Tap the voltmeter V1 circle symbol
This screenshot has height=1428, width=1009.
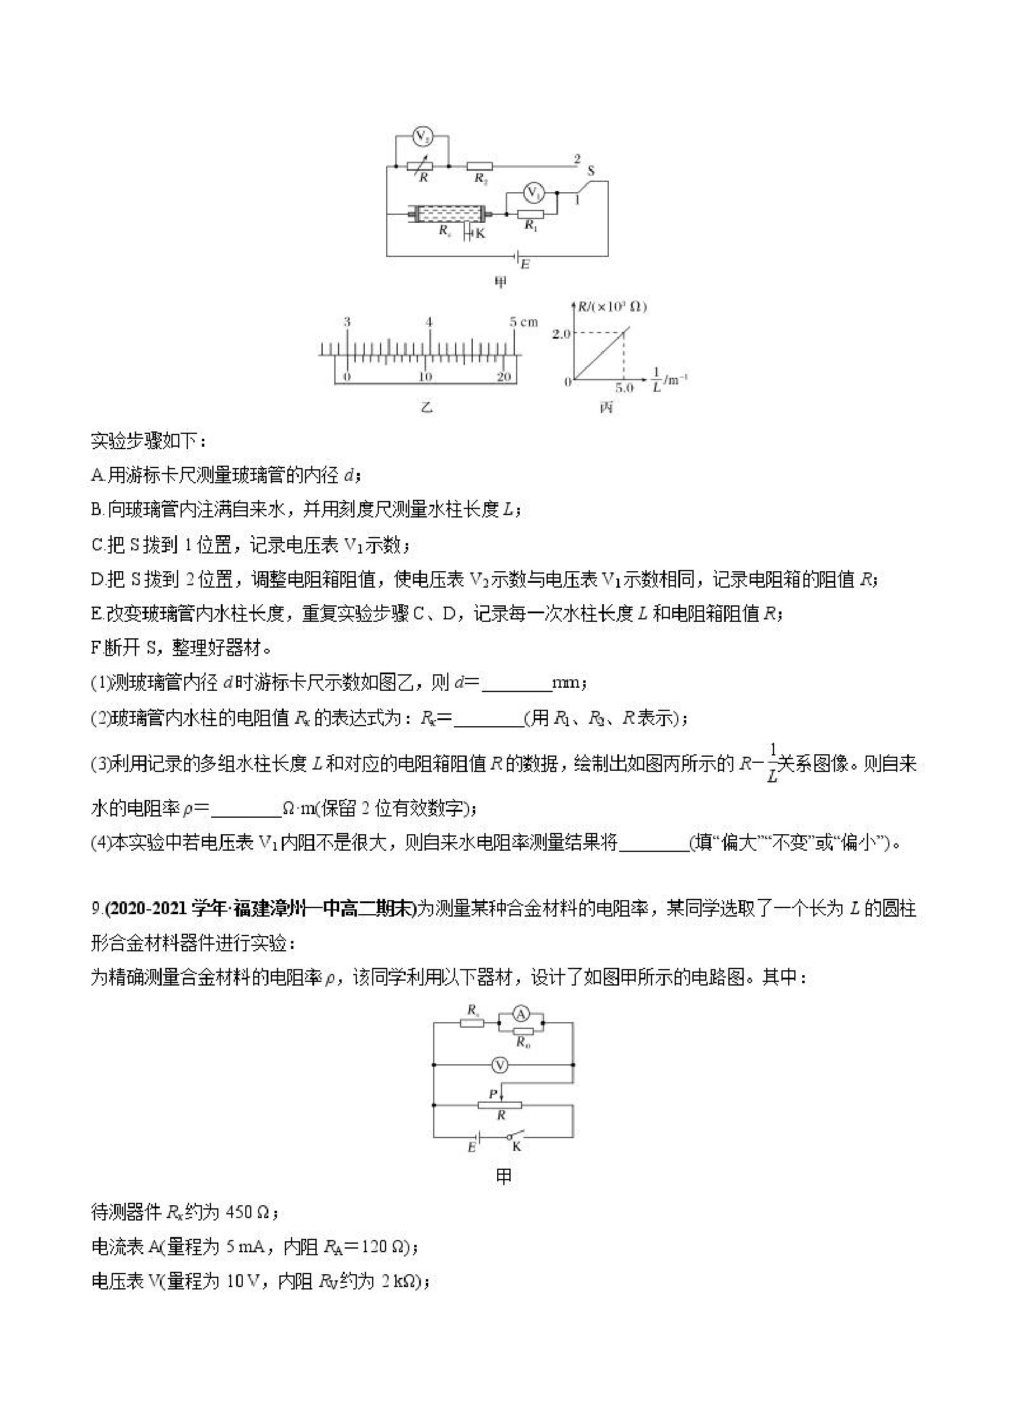(x=532, y=193)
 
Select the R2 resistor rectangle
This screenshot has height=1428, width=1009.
(x=479, y=167)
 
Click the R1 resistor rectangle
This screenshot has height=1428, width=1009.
(x=531, y=215)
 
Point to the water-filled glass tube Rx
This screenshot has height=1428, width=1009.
(x=446, y=215)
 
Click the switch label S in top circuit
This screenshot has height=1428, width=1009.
(x=591, y=170)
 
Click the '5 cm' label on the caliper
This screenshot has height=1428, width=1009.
(x=523, y=322)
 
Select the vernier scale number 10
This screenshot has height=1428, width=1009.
(x=425, y=377)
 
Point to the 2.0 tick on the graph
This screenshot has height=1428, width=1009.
(x=561, y=334)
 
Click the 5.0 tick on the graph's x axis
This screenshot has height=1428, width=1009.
(x=624, y=388)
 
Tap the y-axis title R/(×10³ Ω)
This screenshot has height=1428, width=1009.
(x=612, y=307)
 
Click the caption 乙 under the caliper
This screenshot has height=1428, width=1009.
(x=427, y=408)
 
